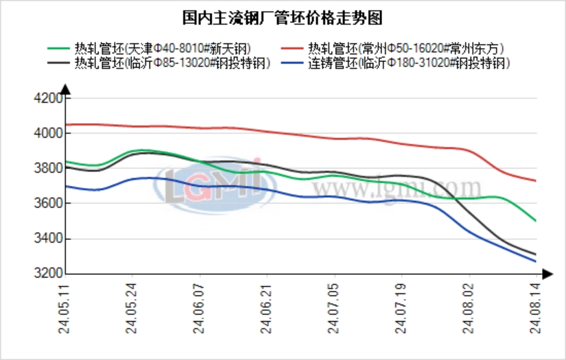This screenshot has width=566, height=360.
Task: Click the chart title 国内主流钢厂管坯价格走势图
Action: pyautogui.click(x=282, y=16)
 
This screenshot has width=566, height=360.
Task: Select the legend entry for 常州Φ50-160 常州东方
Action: pyautogui.click(x=406, y=49)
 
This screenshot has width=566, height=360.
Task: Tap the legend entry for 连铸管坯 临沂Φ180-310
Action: pyautogui.click(x=408, y=64)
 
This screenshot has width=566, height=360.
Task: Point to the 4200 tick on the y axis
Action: pyautogui.click(x=48, y=98)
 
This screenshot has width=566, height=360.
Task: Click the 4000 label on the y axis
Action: pyautogui.click(x=48, y=133)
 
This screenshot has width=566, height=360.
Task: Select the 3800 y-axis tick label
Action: pyautogui.click(x=48, y=169)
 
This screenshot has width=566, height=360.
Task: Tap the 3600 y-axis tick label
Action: pyautogui.click(x=48, y=204)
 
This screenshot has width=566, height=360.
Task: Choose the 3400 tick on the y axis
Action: pyautogui.click(x=48, y=239)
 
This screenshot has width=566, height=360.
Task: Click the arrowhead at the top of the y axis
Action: pyautogui.click(x=64, y=88)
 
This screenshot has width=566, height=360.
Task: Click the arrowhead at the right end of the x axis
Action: pyautogui.click(x=546, y=274)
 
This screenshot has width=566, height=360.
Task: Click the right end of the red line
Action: pyautogui.click(x=535, y=181)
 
